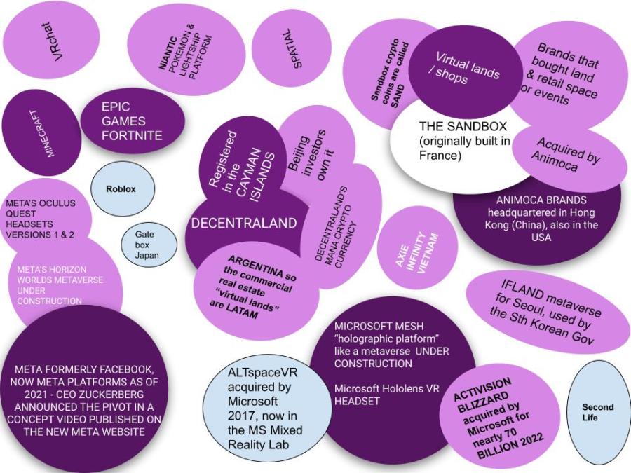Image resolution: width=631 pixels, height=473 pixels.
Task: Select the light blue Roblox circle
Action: click(121, 188)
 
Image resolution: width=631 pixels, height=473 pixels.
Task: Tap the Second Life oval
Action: click(597, 412)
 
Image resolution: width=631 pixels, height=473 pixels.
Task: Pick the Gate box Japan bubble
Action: click(147, 245)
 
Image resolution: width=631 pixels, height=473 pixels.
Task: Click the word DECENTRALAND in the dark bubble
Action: click(245, 223)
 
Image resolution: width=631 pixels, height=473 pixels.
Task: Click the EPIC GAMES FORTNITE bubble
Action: click(132, 121)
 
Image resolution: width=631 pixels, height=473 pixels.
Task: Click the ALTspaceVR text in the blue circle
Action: click(263, 373)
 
